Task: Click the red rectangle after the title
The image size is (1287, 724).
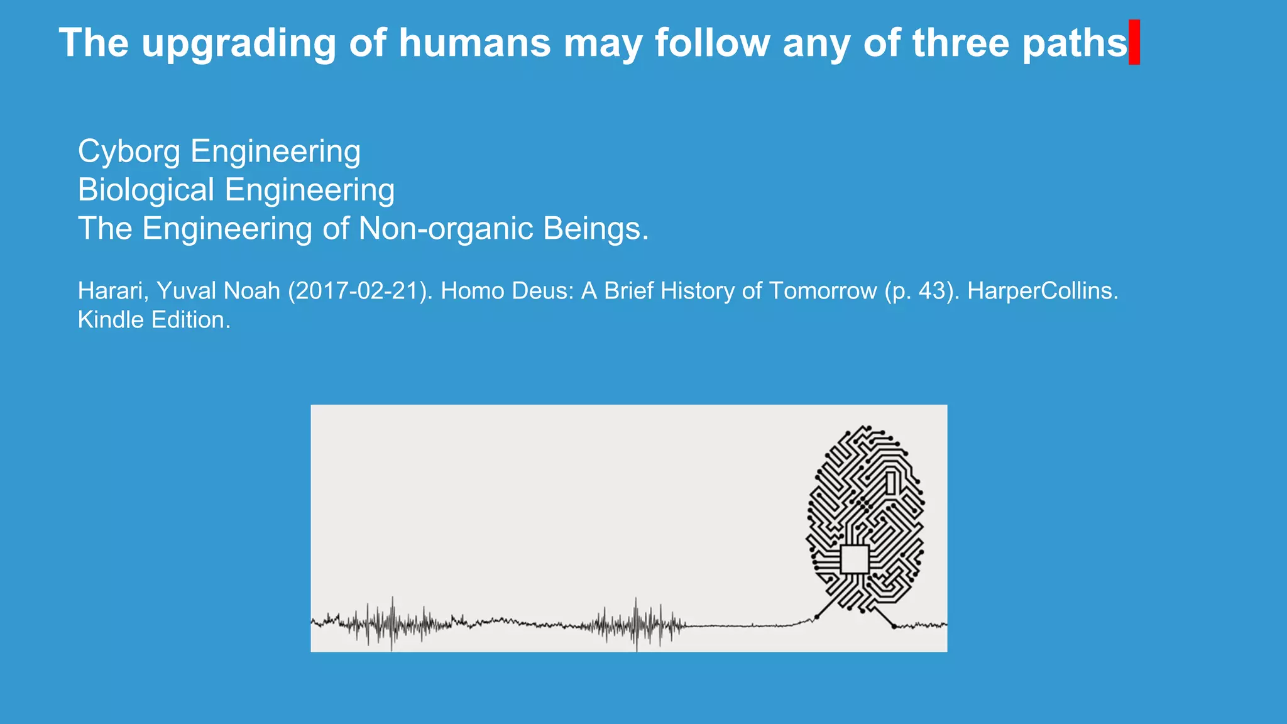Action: point(1134,42)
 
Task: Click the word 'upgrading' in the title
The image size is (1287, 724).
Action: point(239,44)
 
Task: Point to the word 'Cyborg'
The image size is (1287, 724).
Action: point(129,152)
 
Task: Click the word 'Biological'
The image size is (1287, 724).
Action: point(146,190)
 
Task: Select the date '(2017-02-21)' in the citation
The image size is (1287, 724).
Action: point(360,291)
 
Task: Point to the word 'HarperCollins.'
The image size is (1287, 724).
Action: point(1043,291)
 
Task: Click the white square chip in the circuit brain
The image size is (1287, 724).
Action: point(855,559)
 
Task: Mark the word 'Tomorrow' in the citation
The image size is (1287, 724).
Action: point(823,291)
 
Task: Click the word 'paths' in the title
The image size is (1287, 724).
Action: point(1075,44)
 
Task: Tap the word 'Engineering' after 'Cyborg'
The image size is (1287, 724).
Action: point(275,152)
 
